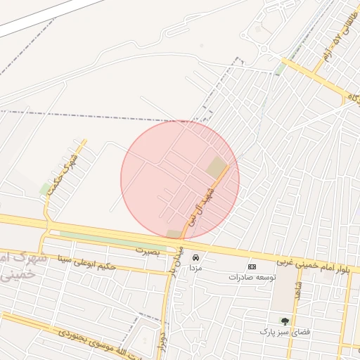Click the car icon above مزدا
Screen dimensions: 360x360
196,257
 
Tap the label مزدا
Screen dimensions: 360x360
196,268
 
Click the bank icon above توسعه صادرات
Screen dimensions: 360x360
252,266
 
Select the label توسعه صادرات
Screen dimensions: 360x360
250,277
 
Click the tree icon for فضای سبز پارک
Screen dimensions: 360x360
285,321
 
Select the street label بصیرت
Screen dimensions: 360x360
148,250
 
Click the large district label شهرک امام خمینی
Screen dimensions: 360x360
21,266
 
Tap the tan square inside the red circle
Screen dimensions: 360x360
217,167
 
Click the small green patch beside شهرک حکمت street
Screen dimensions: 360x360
46,188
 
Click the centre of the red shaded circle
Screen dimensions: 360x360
180,179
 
